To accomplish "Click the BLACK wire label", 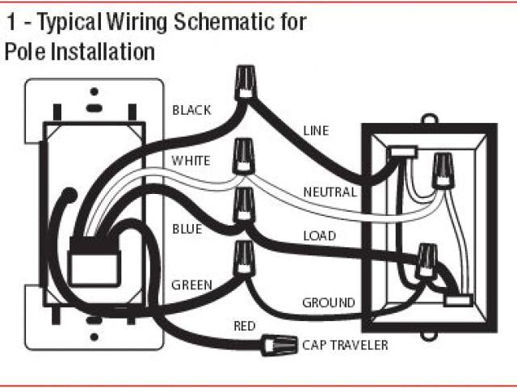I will (x=191, y=110).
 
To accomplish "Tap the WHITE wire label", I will (x=191, y=161).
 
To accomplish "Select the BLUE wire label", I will (x=187, y=229).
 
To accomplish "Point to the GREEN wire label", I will (x=191, y=285).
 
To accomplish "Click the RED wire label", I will (x=244, y=326).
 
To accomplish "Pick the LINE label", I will (x=316, y=130).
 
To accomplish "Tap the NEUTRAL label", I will (x=329, y=192).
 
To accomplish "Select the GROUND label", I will (x=328, y=303).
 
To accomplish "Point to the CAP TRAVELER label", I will (x=345, y=346).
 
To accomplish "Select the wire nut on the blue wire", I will (x=242, y=205).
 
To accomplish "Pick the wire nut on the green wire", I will (x=242, y=256).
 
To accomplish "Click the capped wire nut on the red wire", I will (x=275, y=345).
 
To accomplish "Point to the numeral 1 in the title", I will (x=11, y=22).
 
